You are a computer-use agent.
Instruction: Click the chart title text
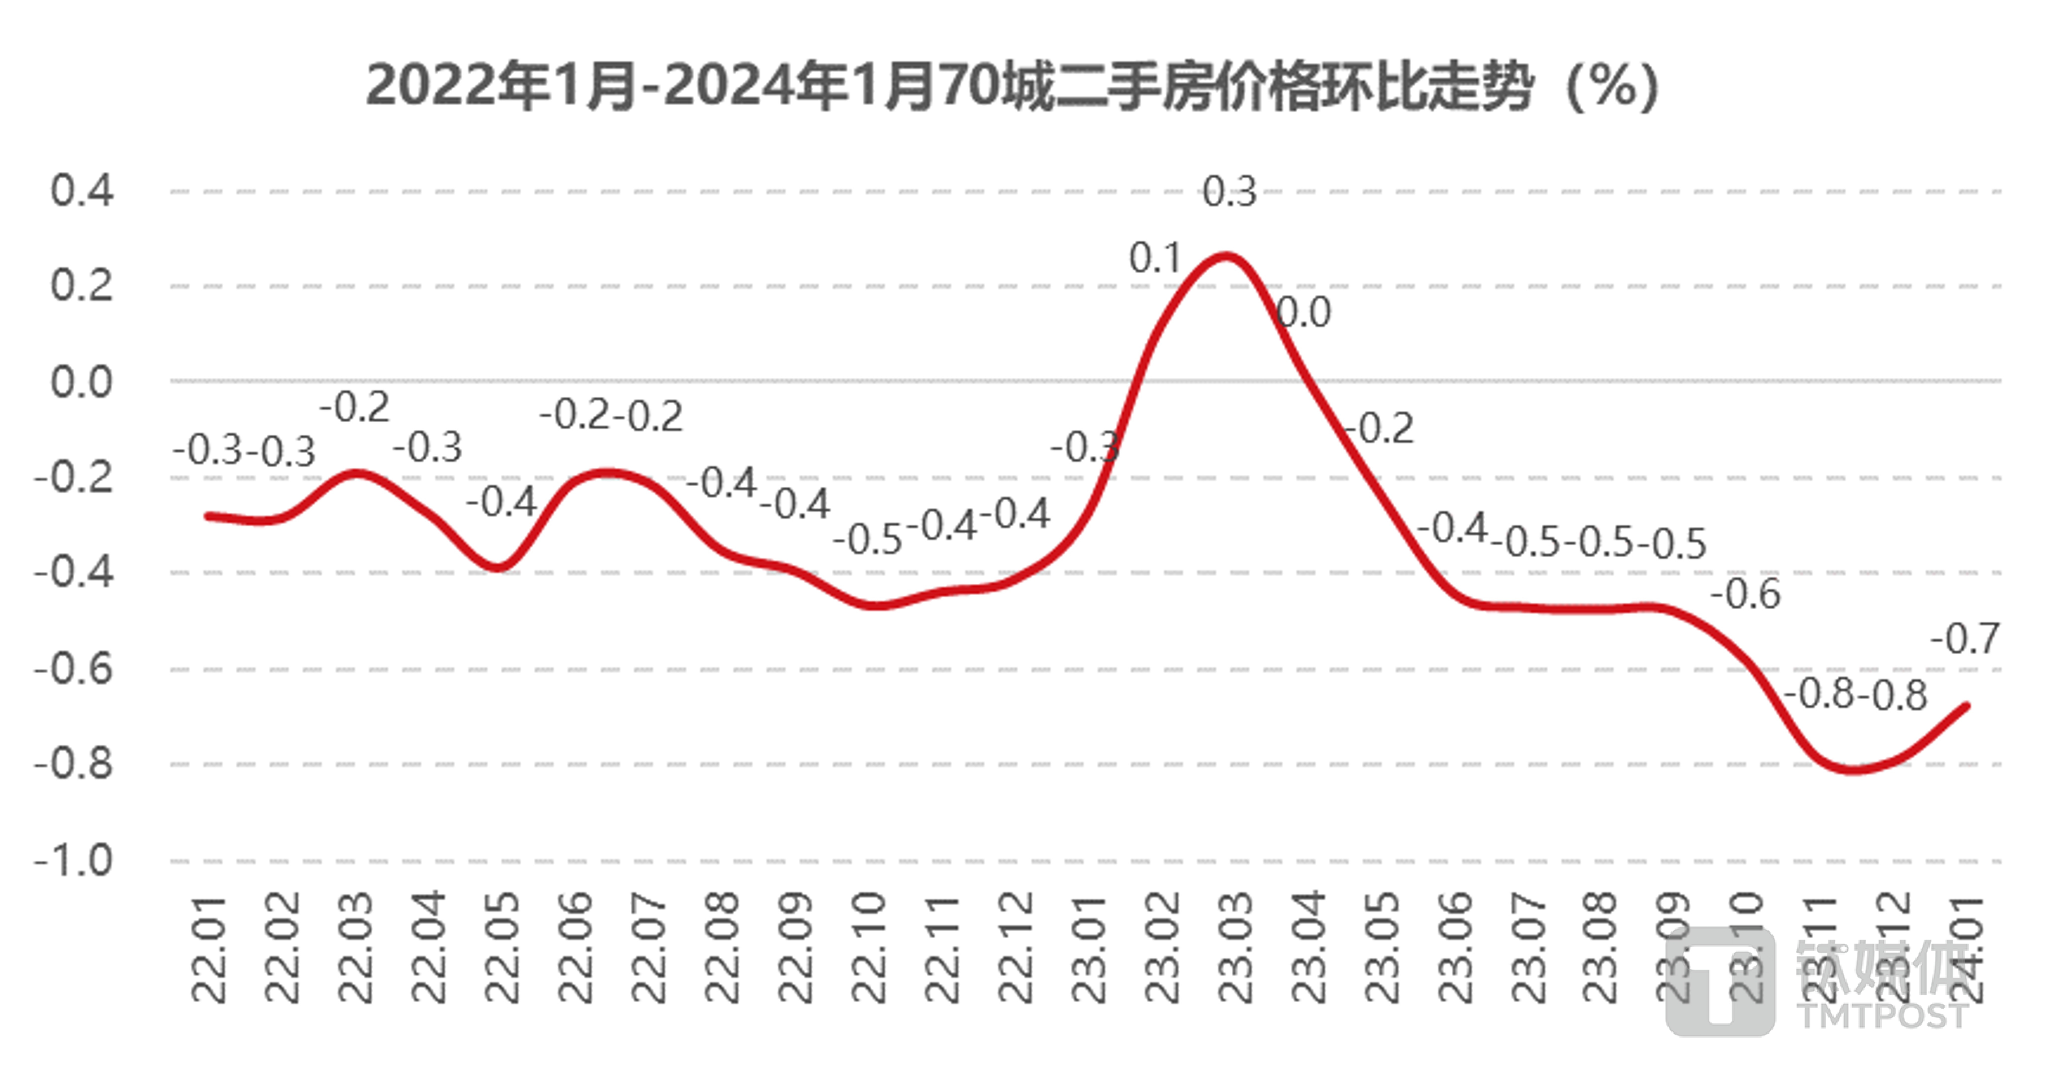click(x=1012, y=86)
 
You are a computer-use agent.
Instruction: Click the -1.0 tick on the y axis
click(x=73, y=861)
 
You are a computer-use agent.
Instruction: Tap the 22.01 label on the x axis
click(x=209, y=949)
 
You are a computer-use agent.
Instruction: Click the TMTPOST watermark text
click(x=1884, y=1016)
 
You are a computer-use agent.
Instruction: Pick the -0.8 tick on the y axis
click(x=73, y=764)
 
